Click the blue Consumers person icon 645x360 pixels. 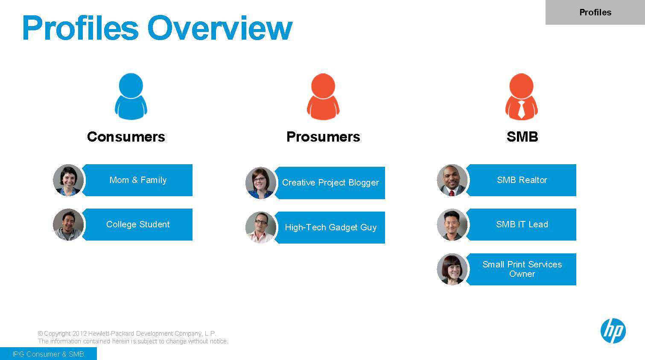[131, 96]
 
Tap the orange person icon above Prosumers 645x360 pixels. [323, 96]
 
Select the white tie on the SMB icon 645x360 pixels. [521, 110]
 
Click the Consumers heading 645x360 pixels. [126, 136]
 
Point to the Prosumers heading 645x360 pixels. [323, 136]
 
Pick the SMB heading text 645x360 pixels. [522, 136]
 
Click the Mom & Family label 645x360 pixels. [138, 180]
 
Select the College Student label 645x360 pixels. [138, 224]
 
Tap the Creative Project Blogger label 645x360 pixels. [330, 183]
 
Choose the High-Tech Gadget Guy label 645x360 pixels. [330, 227]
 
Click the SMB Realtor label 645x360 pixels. [522, 180]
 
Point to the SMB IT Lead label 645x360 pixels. [522, 224]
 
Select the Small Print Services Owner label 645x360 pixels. [522, 269]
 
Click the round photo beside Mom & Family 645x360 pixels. [68, 180]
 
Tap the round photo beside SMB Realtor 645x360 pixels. [452, 180]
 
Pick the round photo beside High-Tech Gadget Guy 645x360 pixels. [261, 227]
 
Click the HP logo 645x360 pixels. [613, 331]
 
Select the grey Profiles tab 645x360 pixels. [595, 12]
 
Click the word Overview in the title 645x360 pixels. [219, 28]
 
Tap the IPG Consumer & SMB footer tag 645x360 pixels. [48, 354]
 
